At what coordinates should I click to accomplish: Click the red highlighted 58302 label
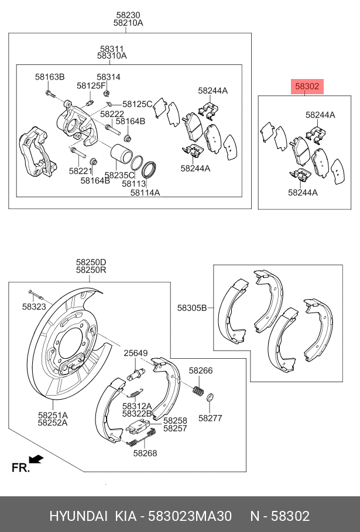(307, 87)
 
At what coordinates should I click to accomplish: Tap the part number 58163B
(50, 77)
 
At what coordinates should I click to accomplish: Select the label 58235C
(119, 175)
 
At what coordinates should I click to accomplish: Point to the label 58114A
(145, 193)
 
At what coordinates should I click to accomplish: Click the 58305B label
(192, 308)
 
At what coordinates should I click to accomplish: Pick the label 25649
(136, 353)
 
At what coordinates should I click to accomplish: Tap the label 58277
(210, 418)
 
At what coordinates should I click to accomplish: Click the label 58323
(34, 307)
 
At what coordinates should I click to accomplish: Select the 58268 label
(145, 453)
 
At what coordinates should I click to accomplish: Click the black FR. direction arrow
(36, 459)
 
